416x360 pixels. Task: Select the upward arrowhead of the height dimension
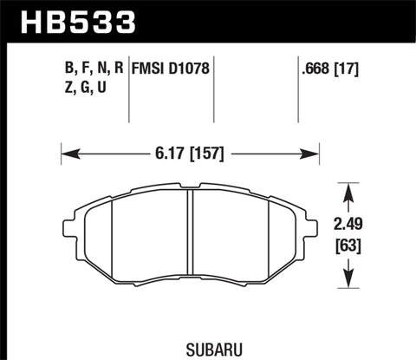point(350,188)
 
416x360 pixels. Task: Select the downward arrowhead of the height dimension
point(350,281)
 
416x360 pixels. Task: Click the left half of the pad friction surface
point(139,243)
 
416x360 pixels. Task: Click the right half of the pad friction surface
point(243,243)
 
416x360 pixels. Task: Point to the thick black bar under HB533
point(208,39)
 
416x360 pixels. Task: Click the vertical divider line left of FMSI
point(129,87)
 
